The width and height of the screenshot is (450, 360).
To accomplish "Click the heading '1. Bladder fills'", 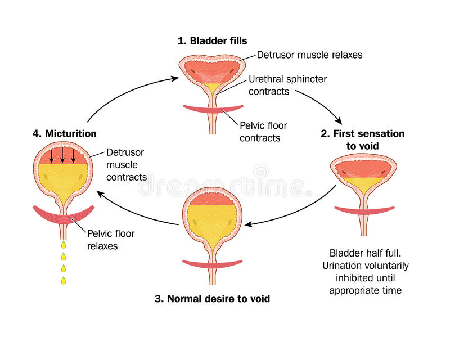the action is click(213, 40).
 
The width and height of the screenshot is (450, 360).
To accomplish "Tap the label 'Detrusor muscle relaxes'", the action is click(309, 55).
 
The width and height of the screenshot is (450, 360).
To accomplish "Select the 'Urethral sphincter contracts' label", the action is click(287, 85).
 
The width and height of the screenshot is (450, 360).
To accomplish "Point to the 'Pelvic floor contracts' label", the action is click(263, 132).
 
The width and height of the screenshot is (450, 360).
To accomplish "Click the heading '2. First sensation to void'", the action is click(362, 140).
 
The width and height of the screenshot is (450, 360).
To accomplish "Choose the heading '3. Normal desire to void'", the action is click(212, 299).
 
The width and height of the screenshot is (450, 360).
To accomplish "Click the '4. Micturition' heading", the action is click(65, 133).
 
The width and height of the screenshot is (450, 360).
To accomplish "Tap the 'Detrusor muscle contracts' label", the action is click(126, 165).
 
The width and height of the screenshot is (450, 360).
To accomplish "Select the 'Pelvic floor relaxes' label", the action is click(110, 240).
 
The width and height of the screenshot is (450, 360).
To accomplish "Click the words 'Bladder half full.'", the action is click(365, 253).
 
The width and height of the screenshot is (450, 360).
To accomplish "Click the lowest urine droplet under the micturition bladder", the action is click(64, 280).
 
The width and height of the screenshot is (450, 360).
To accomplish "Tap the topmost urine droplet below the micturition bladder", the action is click(64, 244).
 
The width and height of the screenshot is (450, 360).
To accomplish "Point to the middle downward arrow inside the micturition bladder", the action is click(62, 155).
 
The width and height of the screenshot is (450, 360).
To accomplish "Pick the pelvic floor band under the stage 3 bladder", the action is click(213, 264).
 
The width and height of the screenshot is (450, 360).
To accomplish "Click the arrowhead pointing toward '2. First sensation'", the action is click(339, 120).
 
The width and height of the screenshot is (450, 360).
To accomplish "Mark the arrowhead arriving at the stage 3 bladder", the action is click(248, 224).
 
